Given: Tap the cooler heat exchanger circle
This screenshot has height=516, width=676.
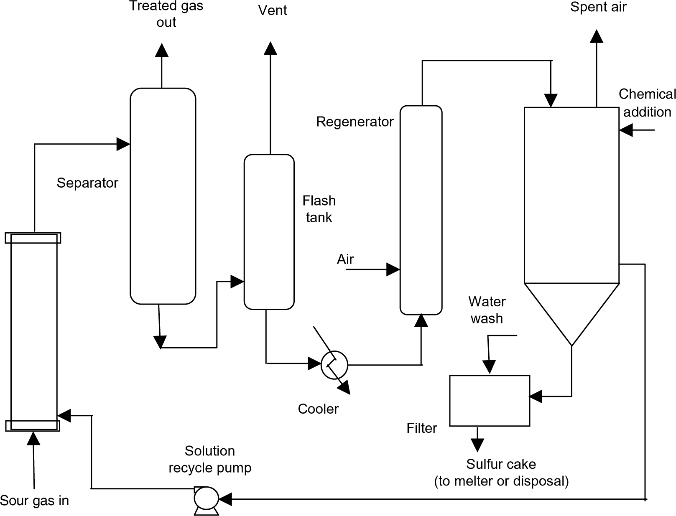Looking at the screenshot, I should (334, 365).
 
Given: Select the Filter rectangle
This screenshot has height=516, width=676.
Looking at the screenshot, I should (489, 401).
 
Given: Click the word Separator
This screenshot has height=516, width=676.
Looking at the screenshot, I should (87, 183).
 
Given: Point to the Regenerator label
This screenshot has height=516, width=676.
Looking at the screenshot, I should (355, 122).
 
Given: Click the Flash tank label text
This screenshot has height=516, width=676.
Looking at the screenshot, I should (319, 209).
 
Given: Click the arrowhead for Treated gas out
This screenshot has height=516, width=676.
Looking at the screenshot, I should (161, 50).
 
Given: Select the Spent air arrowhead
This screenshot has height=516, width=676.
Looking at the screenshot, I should (597, 36).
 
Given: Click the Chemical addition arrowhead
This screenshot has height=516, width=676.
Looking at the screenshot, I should (626, 130).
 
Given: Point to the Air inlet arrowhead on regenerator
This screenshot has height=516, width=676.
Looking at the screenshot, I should (393, 269).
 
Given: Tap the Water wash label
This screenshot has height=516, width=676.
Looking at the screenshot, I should (487, 310).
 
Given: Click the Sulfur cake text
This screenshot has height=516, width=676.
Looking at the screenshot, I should (501, 464).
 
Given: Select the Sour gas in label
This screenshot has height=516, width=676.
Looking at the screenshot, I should (34, 501).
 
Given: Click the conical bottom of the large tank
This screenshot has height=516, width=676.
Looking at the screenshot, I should (571, 309).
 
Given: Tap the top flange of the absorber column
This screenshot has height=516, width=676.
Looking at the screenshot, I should (33, 238).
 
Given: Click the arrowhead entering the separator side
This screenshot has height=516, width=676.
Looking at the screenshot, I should (123, 144).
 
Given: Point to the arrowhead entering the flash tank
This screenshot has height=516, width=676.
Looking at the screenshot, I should (237, 282).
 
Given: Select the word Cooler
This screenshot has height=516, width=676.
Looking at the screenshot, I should (318, 409).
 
